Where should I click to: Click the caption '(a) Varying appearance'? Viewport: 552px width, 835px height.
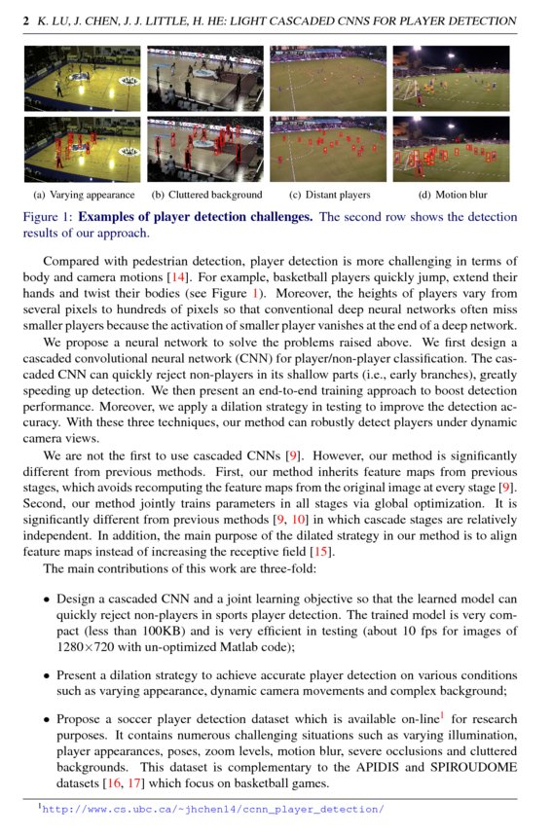(84, 195)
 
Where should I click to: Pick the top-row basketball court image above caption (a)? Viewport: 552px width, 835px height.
(84, 79)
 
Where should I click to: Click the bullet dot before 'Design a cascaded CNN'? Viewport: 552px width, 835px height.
(46, 600)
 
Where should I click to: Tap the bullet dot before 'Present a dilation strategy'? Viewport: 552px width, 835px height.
(46, 673)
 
